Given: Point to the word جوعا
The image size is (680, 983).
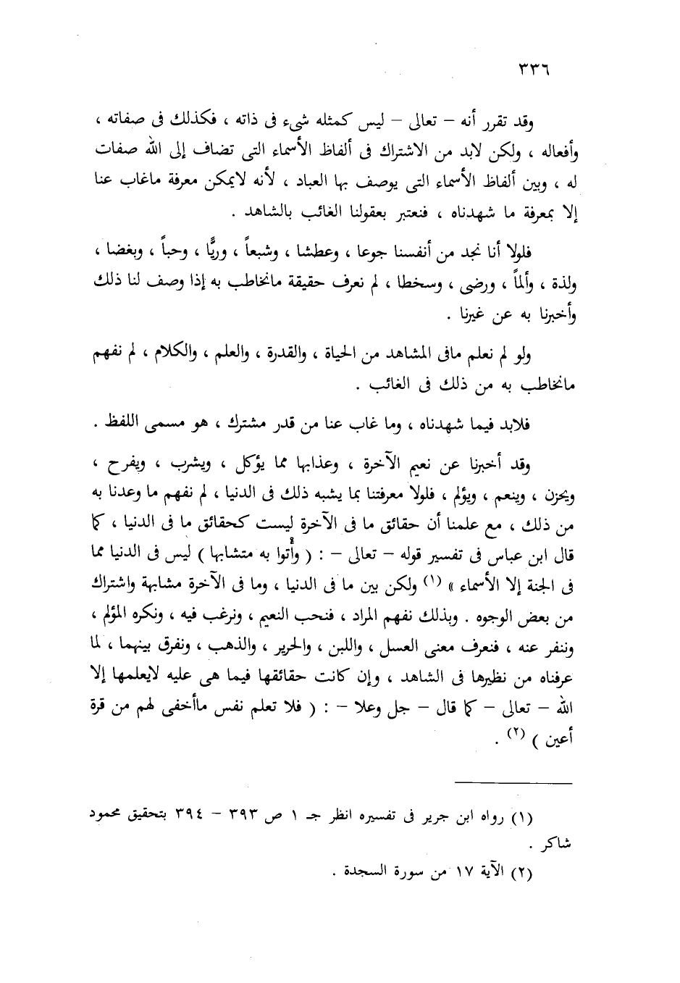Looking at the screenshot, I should [x=374, y=253].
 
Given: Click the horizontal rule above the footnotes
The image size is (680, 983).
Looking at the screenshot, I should [x=513, y=782].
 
